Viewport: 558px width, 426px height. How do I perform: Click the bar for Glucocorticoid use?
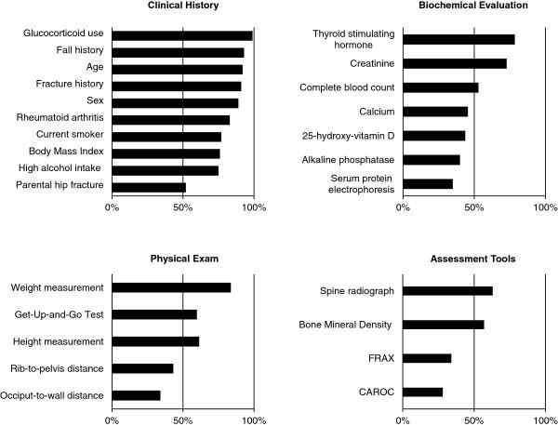coord(182,35)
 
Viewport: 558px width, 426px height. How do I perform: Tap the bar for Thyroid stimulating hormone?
coord(458,39)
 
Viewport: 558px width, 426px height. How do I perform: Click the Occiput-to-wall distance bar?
coord(136,395)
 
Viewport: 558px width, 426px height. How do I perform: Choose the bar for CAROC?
coord(422,392)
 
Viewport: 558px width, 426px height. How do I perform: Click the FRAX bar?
coord(427,358)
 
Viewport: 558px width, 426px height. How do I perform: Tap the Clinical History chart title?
coord(182,6)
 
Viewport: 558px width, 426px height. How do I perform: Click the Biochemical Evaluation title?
coord(473,6)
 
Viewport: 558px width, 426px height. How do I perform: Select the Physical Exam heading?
coord(182,258)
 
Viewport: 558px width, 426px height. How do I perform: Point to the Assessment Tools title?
coord(473,258)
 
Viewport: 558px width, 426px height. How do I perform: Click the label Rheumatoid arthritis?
coord(57,119)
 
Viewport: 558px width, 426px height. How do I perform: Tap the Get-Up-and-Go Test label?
coord(57,314)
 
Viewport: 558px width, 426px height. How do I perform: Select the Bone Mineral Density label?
coord(345,325)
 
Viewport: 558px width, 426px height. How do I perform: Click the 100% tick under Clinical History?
coord(254,207)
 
